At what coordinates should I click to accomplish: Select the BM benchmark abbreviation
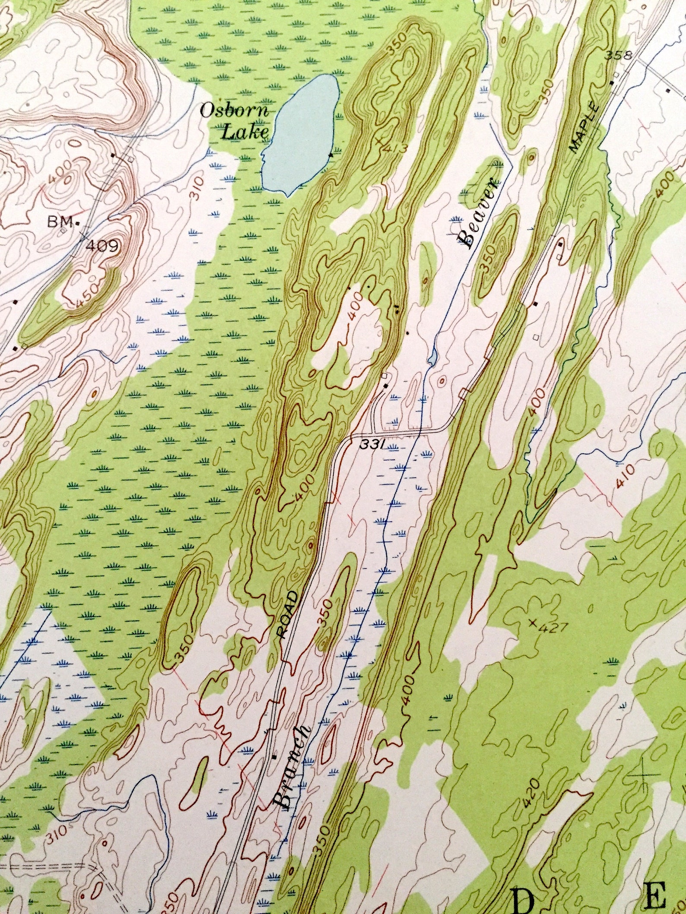click(x=61, y=222)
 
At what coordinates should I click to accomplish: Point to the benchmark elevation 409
click(x=102, y=247)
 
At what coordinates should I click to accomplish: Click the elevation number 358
click(x=618, y=56)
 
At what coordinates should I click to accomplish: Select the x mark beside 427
click(x=533, y=623)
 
